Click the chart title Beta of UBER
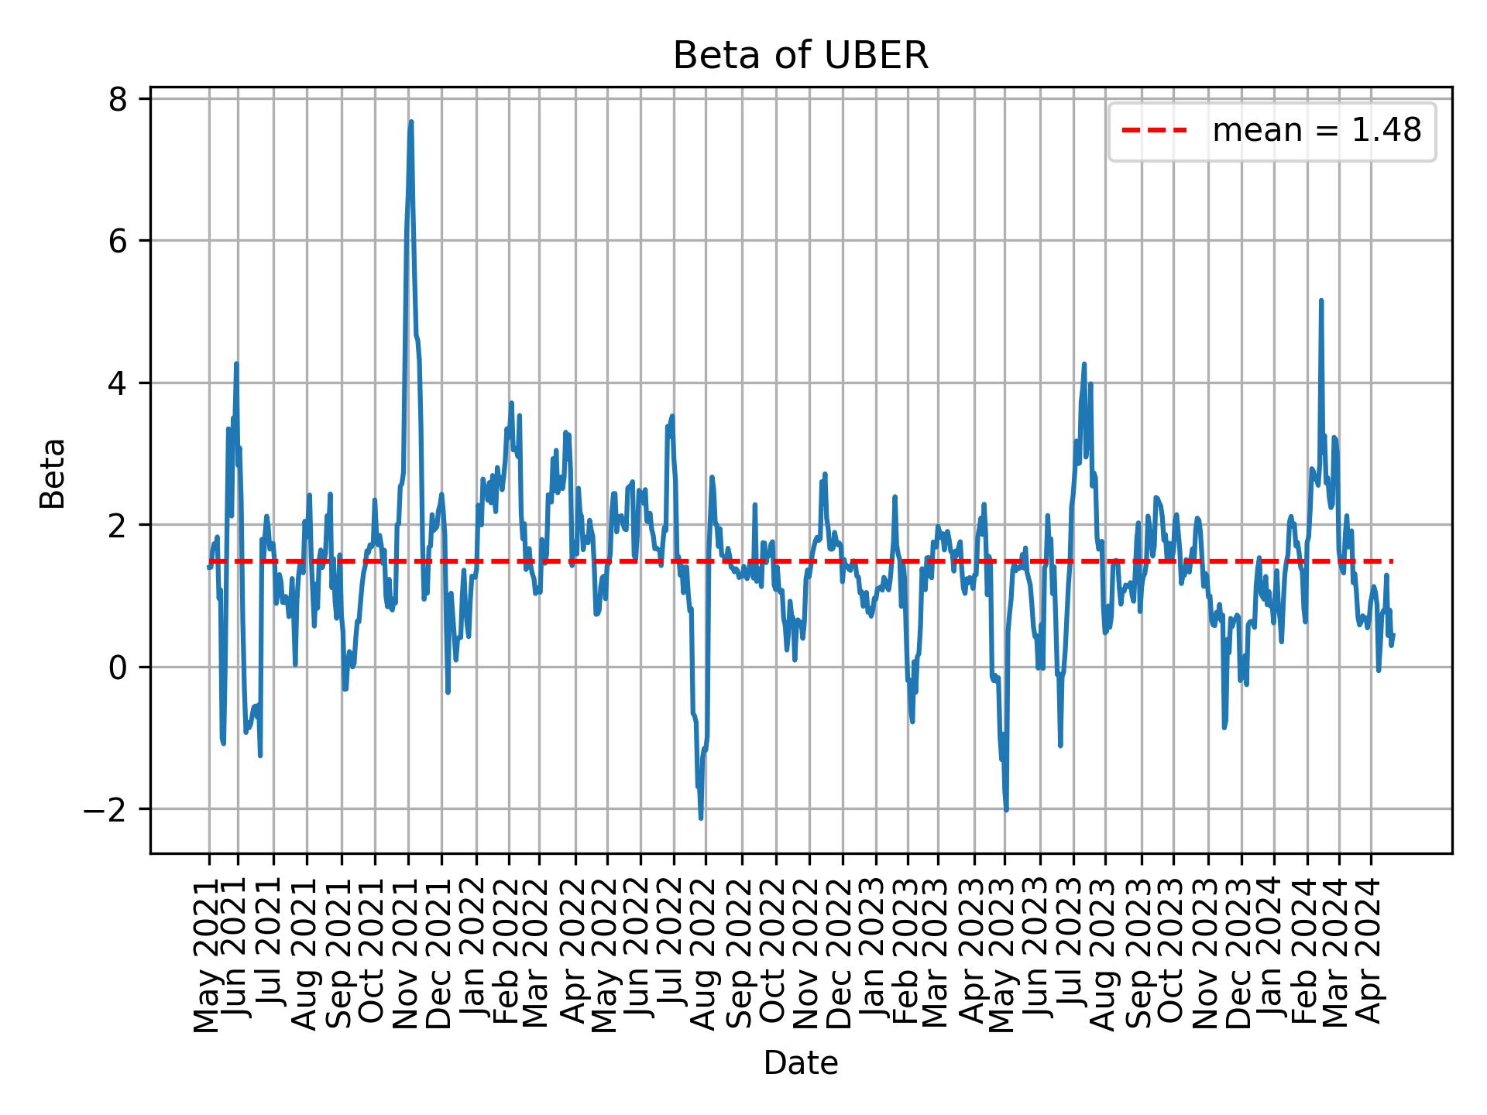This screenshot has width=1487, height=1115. (800, 56)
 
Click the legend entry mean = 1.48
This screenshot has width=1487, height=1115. (1316, 131)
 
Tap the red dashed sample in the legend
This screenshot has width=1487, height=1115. (1155, 131)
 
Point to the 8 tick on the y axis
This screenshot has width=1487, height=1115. (117, 99)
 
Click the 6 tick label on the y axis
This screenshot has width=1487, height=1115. (117, 241)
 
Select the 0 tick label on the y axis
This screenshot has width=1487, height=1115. (117, 667)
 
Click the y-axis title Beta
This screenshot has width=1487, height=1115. (53, 473)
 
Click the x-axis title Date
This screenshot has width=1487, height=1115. (800, 1063)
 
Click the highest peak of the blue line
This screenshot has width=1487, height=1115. (411, 122)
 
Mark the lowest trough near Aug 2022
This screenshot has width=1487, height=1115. (701, 818)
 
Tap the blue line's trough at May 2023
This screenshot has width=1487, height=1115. (1006, 810)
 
